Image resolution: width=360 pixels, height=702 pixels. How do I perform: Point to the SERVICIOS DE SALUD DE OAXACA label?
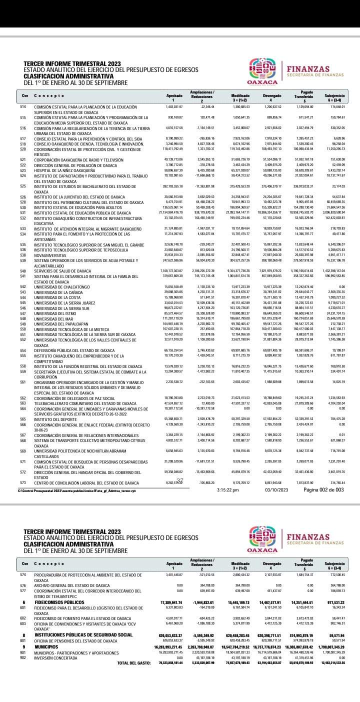tap(62, 270)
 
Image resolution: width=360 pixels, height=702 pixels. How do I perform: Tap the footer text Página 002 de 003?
tap(323, 489)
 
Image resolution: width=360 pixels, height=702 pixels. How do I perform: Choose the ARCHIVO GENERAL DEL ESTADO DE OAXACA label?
tap(71, 585)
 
